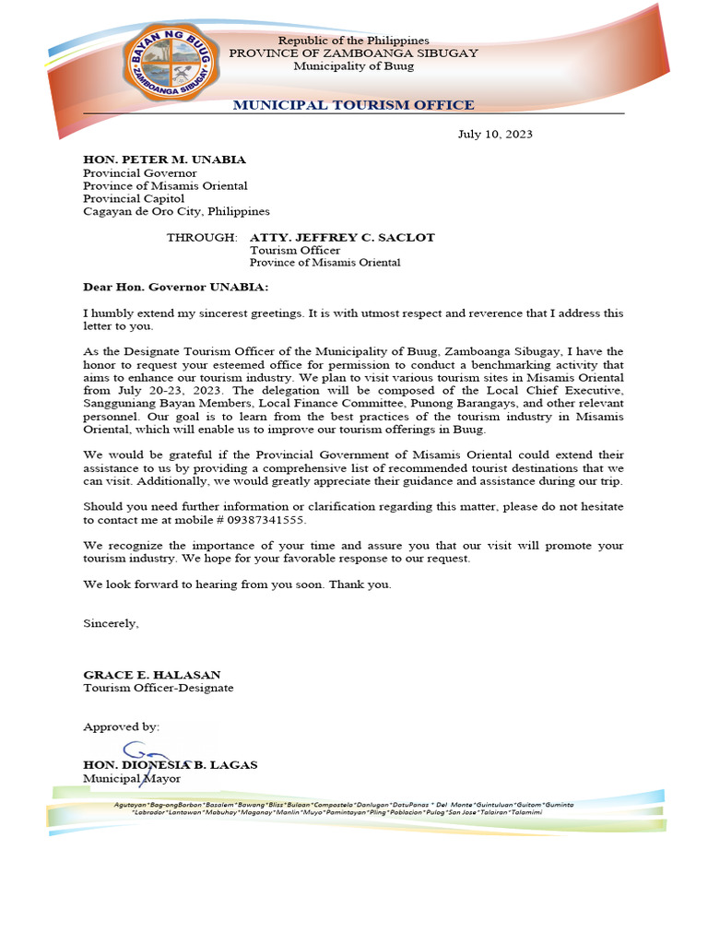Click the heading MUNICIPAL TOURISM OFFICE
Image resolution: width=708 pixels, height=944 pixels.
[x=353, y=105]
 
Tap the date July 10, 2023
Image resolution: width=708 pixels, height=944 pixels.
[x=495, y=135]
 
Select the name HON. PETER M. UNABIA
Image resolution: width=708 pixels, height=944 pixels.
[x=164, y=159]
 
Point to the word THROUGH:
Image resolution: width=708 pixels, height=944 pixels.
[x=201, y=238]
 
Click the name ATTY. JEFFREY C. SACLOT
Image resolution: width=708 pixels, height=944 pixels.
[x=342, y=238]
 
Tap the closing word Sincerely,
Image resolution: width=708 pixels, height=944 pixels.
[x=111, y=623]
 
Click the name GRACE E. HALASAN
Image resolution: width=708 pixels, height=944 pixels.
[x=151, y=675]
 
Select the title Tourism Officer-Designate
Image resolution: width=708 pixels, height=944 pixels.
[x=158, y=688]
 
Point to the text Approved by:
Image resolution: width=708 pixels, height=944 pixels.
[x=121, y=726]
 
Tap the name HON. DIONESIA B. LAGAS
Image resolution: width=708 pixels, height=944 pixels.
[x=171, y=765]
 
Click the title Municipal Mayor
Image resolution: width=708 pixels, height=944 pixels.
[x=125, y=779]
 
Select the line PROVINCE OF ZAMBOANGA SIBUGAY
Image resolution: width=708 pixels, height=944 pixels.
[x=353, y=53]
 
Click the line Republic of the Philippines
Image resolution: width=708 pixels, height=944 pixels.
[x=353, y=41]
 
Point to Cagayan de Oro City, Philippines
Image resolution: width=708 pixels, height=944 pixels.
[x=176, y=211]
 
